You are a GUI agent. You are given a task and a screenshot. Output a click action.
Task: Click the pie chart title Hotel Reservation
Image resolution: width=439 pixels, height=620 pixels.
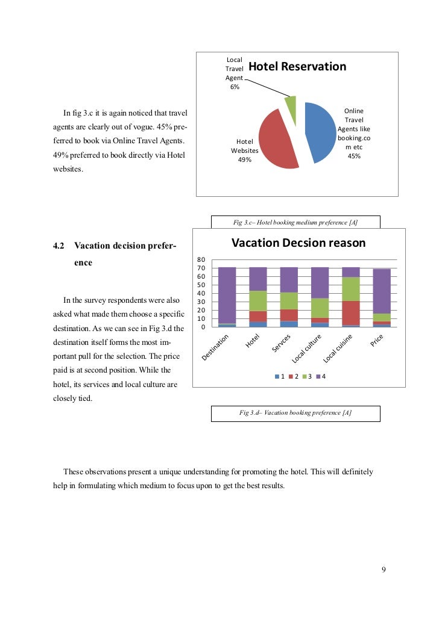(297, 67)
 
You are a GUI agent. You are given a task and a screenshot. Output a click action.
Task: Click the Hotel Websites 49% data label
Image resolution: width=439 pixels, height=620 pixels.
(244, 150)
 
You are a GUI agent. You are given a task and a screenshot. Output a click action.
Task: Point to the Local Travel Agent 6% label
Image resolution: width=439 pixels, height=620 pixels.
(234, 73)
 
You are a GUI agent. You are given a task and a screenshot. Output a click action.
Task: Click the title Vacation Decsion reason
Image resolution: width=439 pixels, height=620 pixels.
(298, 243)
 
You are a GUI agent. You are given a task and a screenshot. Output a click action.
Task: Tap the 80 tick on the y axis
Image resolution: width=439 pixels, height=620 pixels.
(201, 259)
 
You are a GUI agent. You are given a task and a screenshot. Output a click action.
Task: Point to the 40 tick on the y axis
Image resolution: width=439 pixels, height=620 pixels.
(201, 293)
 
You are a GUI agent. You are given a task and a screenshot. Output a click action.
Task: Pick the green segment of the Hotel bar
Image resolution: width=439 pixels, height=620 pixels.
(258, 300)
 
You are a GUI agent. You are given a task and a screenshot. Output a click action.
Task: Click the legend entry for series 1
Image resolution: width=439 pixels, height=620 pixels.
(279, 376)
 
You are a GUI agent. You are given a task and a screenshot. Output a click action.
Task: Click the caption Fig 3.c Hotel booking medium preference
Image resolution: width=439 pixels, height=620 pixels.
(295, 223)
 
